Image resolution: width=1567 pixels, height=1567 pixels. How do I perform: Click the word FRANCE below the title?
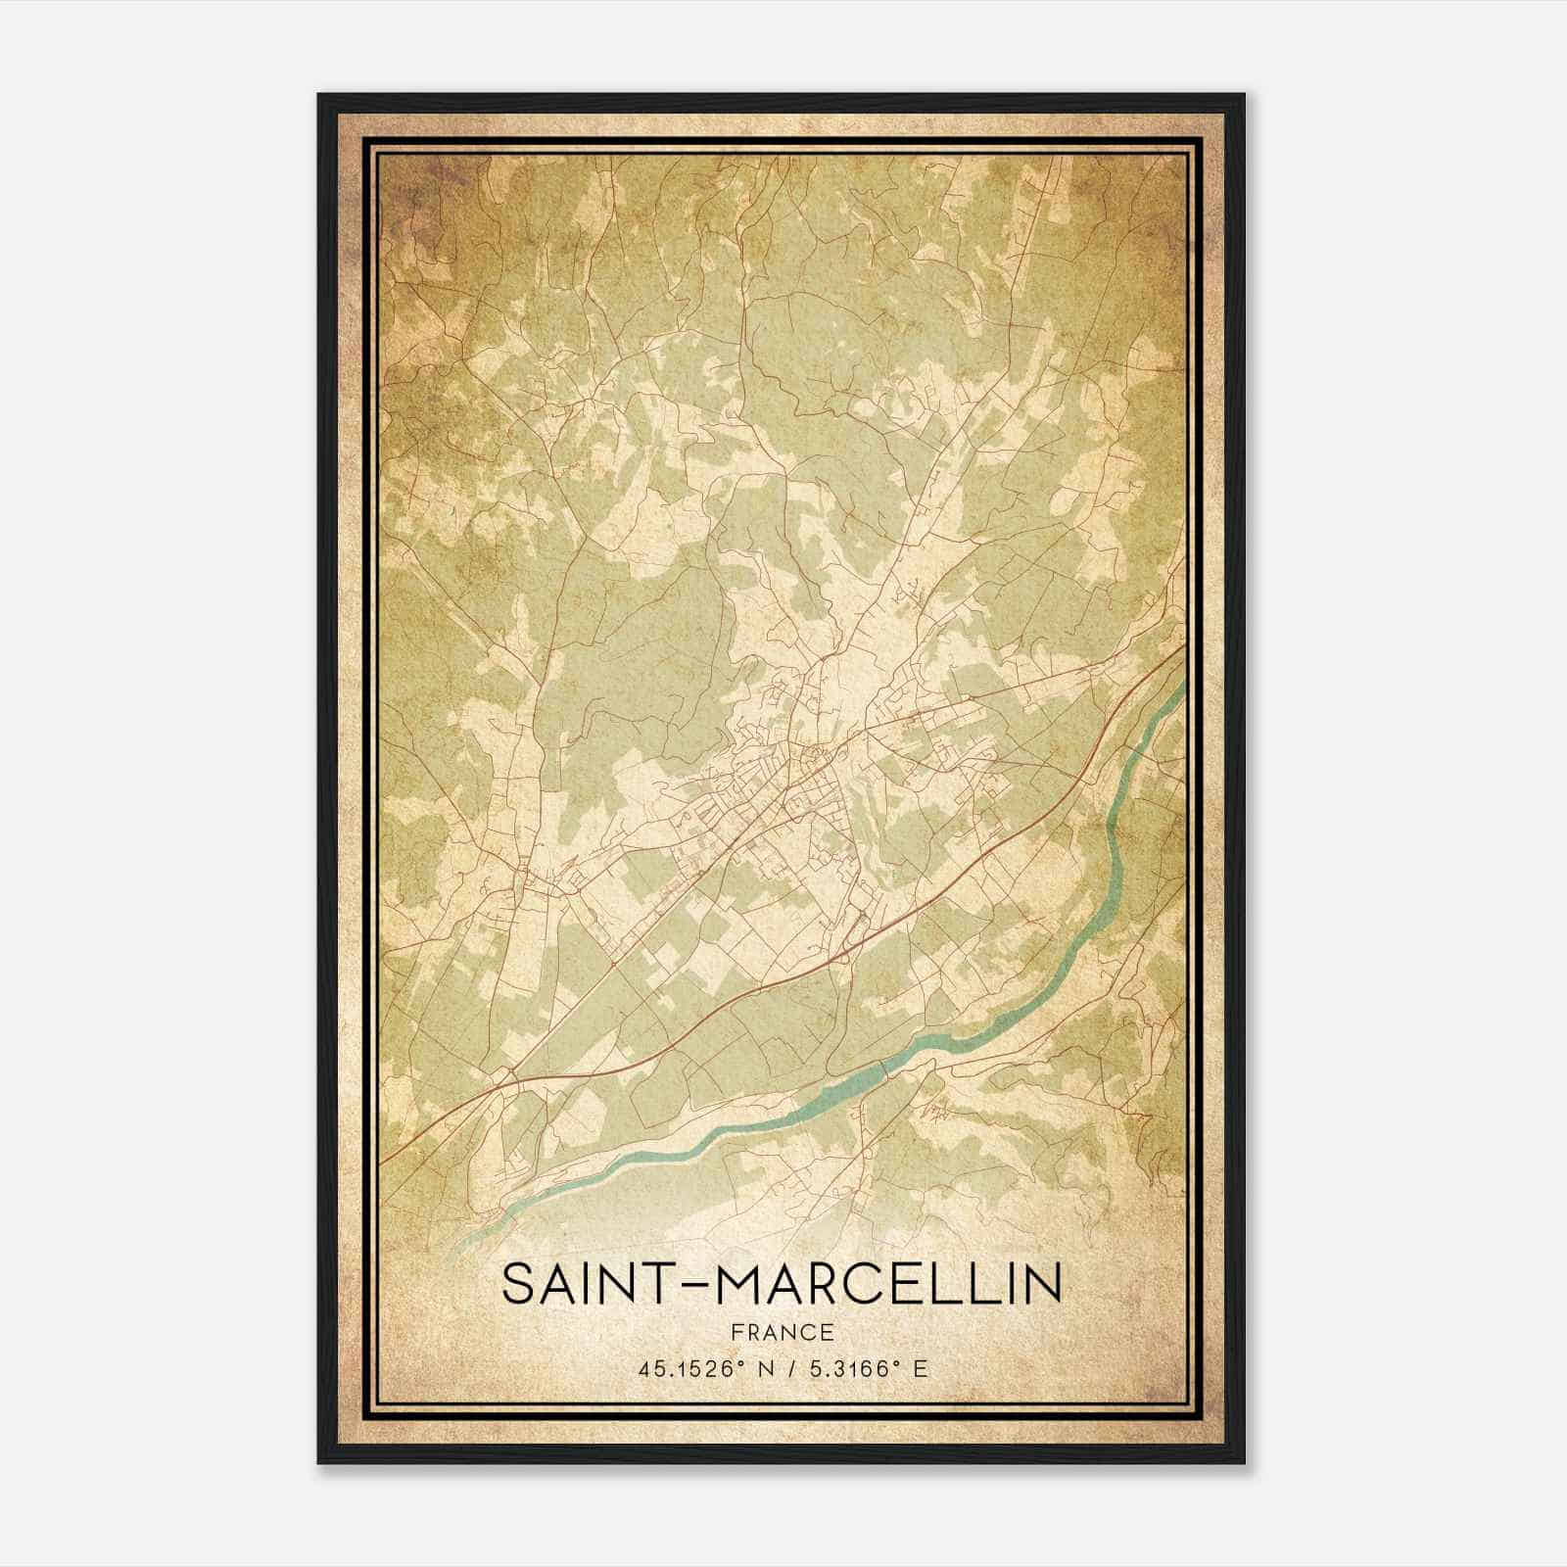pos(782,1332)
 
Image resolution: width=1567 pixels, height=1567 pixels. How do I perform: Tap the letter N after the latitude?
pos(764,1369)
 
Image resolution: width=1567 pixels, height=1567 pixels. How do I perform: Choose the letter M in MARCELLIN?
pos(740,1284)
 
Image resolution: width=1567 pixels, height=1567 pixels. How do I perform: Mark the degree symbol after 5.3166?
pos(898,1363)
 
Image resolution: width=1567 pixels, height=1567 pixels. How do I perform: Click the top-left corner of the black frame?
pos(320,96)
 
